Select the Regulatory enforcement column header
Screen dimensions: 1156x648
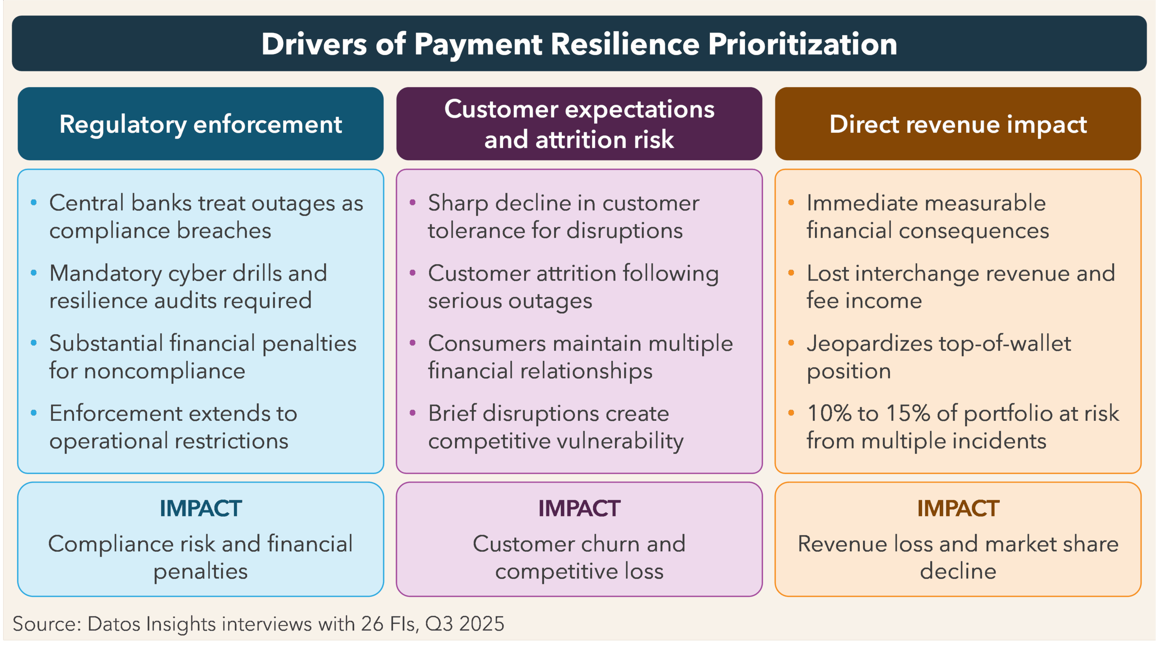(200, 124)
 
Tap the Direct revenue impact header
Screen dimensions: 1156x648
(958, 124)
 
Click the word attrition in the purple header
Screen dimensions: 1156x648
(581, 140)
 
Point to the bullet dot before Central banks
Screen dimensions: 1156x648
(33, 202)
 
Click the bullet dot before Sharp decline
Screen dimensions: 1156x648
(412, 202)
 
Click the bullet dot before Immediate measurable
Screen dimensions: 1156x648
(791, 202)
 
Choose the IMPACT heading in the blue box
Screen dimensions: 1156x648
(200, 508)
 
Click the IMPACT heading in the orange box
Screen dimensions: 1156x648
(958, 508)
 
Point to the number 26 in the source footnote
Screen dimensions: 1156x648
(372, 624)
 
